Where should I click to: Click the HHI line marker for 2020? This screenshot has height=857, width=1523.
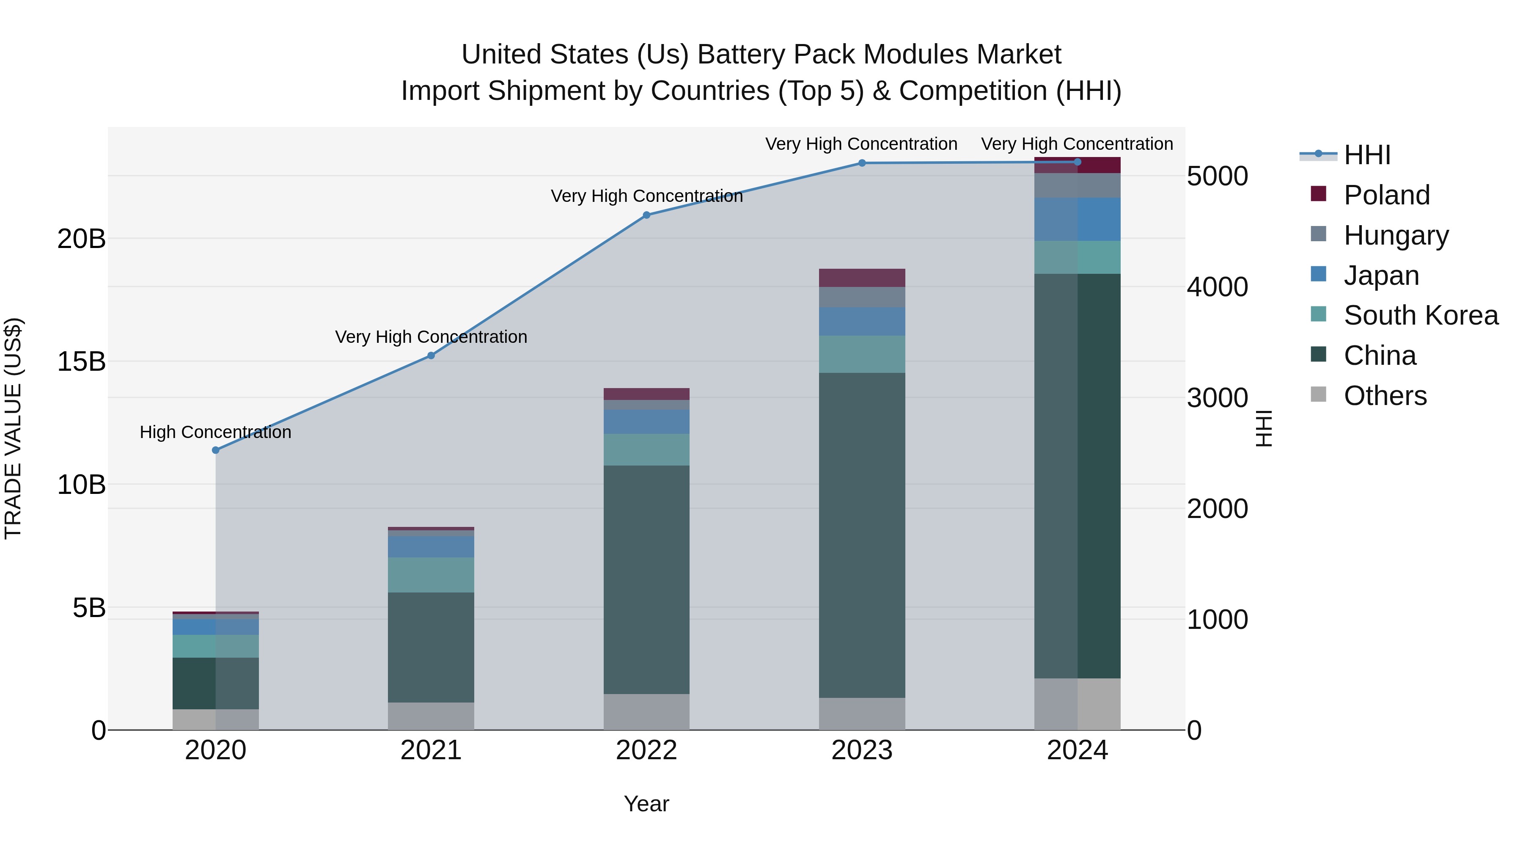(x=216, y=450)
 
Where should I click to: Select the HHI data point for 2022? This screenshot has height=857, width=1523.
(x=646, y=215)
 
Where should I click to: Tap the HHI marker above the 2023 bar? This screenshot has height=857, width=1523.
(x=861, y=163)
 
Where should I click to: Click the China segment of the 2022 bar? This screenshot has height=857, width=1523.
(x=646, y=580)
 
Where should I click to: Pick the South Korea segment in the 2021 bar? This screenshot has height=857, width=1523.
(x=431, y=575)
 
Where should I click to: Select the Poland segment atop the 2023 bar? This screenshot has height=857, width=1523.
(x=861, y=278)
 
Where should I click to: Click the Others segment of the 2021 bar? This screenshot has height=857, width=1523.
(x=431, y=716)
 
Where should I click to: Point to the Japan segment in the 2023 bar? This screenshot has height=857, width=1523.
(x=861, y=322)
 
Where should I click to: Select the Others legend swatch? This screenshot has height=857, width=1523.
(x=1318, y=394)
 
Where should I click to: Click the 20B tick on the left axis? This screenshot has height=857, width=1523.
(x=81, y=240)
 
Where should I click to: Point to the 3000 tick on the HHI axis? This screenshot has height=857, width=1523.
(x=1217, y=398)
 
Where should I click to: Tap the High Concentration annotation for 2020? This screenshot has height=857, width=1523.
(x=215, y=433)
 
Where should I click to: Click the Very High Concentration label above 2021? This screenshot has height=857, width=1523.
(x=431, y=337)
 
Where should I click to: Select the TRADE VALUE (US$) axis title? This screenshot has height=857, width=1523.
(x=13, y=428)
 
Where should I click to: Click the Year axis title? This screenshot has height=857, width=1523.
(x=646, y=804)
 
